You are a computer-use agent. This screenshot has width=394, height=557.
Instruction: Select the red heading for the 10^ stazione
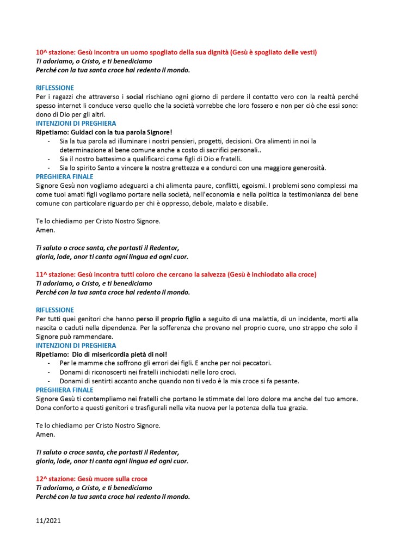click(x=176, y=52)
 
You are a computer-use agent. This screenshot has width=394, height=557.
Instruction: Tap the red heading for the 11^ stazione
click(x=176, y=274)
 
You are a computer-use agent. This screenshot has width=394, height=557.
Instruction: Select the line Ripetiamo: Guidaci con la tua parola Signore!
click(x=112, y=132)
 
